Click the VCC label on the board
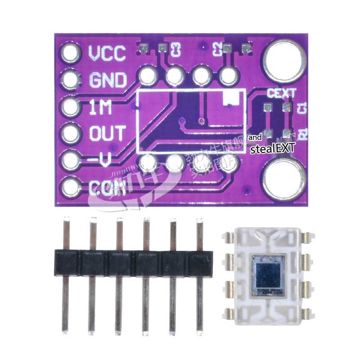coord(107,54)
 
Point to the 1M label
coord(100,107)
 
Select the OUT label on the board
coord(107,134)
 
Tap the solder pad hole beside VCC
coord(70,54)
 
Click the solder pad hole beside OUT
coord(70,134)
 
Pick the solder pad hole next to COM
coord(70,187)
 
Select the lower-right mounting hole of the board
coord(282,179)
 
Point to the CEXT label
coord(282,94)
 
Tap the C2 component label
coord(216,48)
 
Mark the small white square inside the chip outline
coord(229,98)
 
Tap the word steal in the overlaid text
coord(260,149)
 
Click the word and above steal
coord(255,137)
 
